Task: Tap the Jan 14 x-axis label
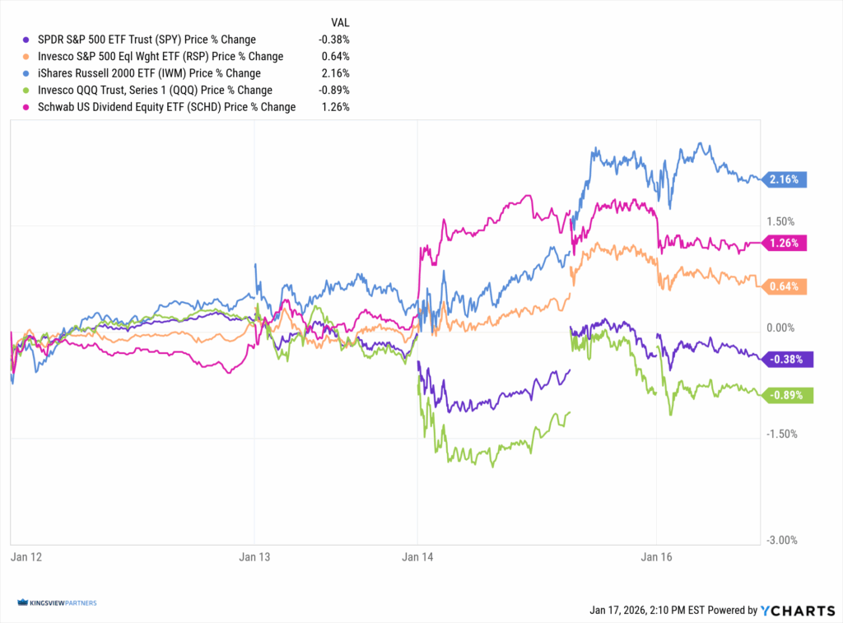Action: pos(417,557)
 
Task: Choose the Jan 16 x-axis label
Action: pos(656,557)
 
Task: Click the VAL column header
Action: pos(338,23)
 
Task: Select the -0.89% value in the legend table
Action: pos(335,90)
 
